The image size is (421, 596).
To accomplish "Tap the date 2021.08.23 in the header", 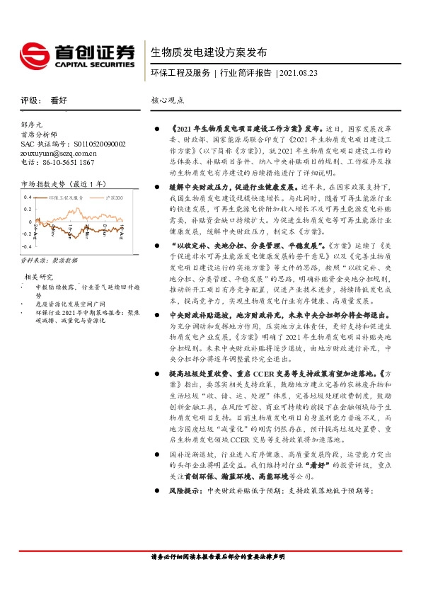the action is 299,73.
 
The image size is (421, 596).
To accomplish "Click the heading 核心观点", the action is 168,101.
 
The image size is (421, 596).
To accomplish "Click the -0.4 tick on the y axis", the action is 26,246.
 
